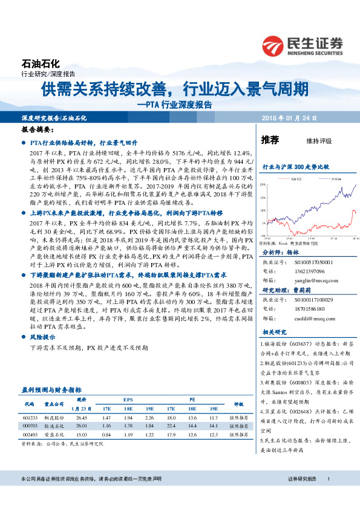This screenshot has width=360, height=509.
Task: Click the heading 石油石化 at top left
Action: tap(41, 63)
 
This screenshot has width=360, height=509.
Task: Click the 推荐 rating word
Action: tap(270, 140)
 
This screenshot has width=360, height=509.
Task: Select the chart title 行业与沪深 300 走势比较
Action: tap(295, 166)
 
